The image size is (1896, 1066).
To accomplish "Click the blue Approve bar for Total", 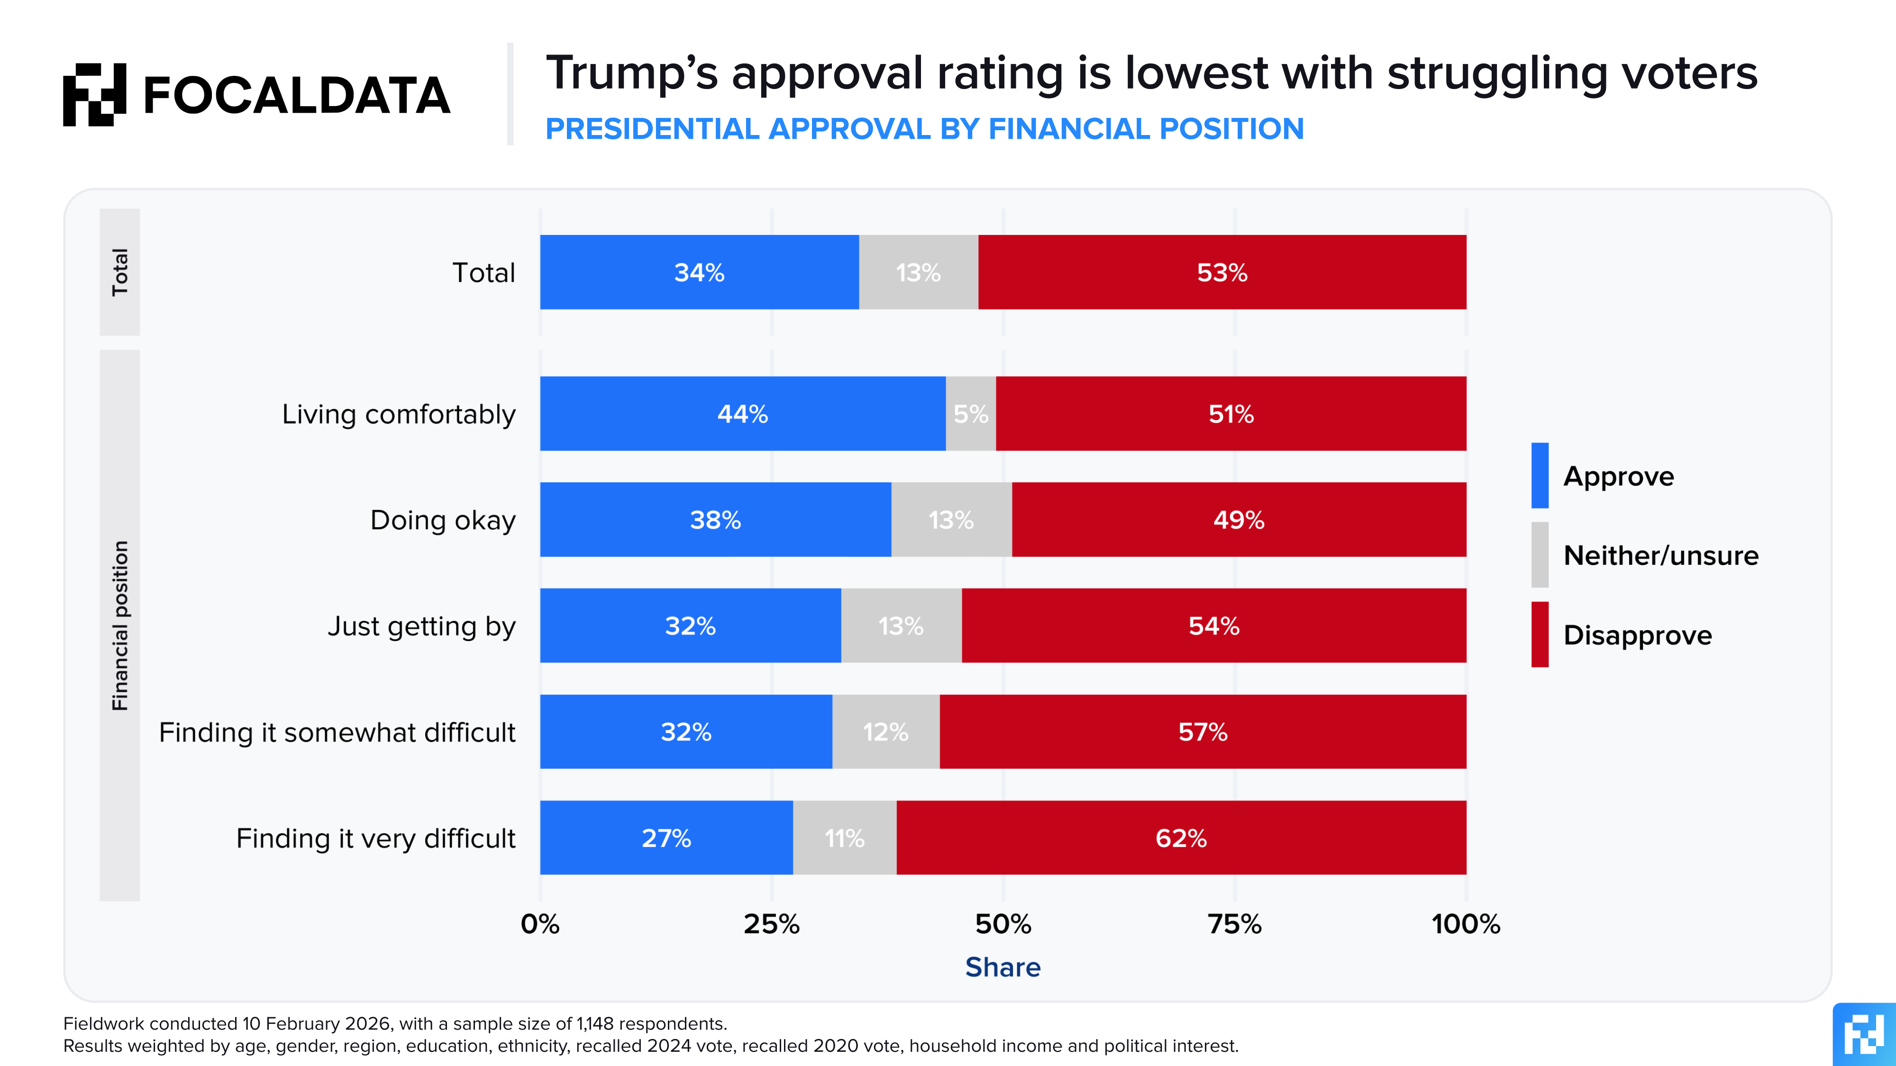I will pos(699,272).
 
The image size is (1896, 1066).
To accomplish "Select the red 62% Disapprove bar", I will pos(1181,838).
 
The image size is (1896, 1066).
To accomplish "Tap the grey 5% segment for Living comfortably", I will pos(971,414).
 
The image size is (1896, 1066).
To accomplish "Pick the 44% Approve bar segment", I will pos(743,414).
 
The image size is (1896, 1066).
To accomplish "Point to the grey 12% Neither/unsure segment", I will pos(885,732).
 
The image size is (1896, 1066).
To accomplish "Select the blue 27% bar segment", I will pos(666,838).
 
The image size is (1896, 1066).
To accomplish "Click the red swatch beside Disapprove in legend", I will pos(1540,634).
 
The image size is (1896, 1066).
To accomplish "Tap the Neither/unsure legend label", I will pos(1660,555).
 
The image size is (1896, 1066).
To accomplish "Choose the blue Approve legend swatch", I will pos(1540,475).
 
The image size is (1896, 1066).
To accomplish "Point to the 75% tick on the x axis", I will pos(1234,924).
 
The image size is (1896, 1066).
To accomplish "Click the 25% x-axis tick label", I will pos(771,924).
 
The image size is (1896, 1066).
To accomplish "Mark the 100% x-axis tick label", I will pos(1466,924).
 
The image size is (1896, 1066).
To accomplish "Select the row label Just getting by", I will pos(422,626).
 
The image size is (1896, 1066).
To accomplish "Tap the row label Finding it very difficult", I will pos(375,838).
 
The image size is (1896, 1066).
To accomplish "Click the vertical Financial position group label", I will pos(120,625).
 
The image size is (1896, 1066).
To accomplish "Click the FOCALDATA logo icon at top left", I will pos(94,94).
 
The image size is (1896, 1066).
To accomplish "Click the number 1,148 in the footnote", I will pos(595,1023).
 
